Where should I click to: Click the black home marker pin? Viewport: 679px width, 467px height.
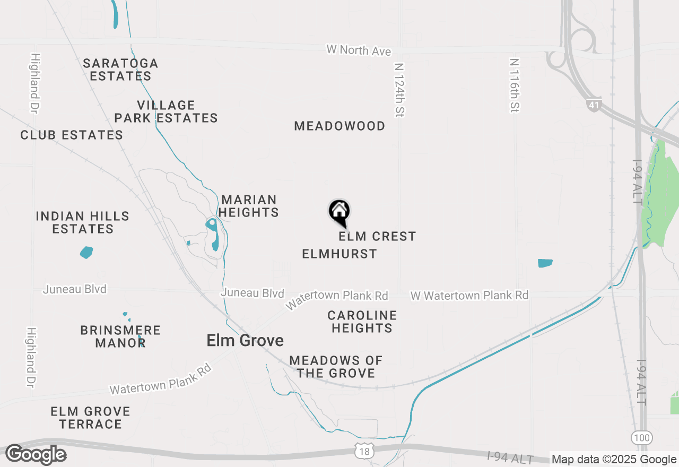click(x=339, y=212)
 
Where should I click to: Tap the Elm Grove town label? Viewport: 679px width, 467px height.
click(x=245, y=340)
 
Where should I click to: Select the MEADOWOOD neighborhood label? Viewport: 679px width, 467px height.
click(x=339, y=126)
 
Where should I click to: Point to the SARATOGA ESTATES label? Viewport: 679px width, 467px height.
click(x=120, y=70)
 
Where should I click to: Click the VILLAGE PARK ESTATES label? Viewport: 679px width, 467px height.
click(x=166, y=111)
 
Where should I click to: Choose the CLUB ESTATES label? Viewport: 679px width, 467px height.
click(x=72, y=135)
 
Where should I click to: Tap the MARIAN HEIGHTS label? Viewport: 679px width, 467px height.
click(x=249, y=206)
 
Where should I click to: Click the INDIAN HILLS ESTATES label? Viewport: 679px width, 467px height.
click(x=83, y=222)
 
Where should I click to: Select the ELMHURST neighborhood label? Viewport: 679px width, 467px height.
click(x=339, y=254)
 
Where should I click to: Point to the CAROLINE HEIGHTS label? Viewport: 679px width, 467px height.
click(x=362, y=322)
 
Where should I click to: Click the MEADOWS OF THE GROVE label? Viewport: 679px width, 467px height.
click(x=336, y=367)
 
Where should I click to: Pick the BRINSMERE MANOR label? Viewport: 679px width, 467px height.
click(x=120, y=336)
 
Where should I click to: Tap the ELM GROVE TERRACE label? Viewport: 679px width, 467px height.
click(x=90, y=418)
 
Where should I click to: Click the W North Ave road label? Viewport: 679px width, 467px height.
click(x=359, y=50)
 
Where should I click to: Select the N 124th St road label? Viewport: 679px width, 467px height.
click(x=399, y=90)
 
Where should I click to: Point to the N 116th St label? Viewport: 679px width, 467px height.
click(x=514, y=85)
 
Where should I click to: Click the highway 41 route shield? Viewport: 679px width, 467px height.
click(x=594, y=105)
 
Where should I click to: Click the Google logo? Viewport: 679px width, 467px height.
click(x=36, y=454)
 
